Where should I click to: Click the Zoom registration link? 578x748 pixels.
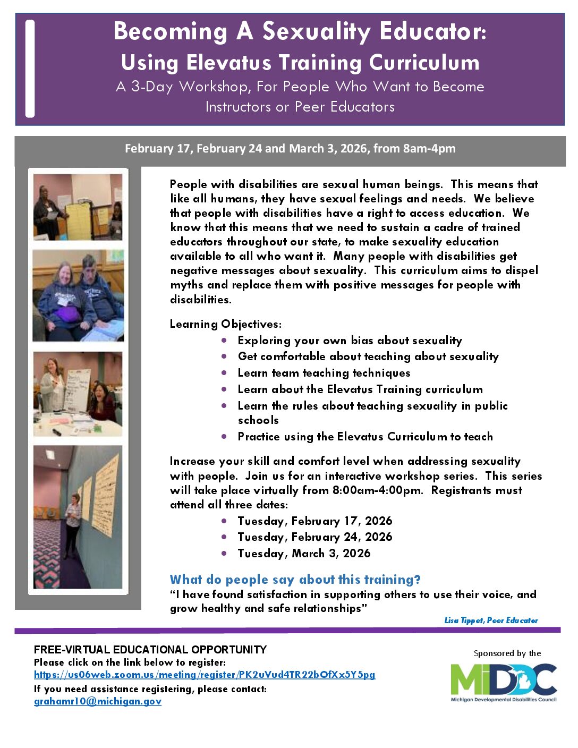pyautogui.click(x=205, y=675)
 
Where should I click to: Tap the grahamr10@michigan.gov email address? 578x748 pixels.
pyautogui.click(x=98, y=701)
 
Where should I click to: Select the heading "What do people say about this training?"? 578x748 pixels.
pyautogui.click(x=295, y=580)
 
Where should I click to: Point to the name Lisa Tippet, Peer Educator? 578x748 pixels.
pyautogui.click(x=491, y=620)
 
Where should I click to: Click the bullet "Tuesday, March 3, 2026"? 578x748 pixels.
pyautogui.click(x=304, y=553)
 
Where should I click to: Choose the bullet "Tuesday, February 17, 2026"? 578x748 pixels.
pyautogui.click(x=314, y=521)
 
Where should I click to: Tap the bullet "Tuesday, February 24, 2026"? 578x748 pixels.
pyautogui.click(x=314, y=537)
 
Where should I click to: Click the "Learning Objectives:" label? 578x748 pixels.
pyautogui.click(x=226, y=324)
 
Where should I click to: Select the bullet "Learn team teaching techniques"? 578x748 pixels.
pyautogui.click(x=324, y=372)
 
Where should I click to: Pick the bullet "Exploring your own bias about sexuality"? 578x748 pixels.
pyautogui.click(x=350, y=340)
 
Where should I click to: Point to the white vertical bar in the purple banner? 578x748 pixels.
pyautogui.click(x=30, y=69)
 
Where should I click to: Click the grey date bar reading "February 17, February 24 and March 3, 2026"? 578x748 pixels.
pyautogui.click(x=290, y=149)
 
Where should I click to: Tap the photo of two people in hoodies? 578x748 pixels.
pyautogui.click(x=78, y=295)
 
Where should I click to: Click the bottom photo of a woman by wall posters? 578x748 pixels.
pyautogui.click(x=78, y=517)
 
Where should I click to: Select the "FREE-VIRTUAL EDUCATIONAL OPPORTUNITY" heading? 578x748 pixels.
pyautogui.click(x=150, y=649)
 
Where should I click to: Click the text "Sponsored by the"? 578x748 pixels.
pyautogui.click(x=507, y=653)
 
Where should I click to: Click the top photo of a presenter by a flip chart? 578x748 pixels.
pyautogui.click(x=78, y=207)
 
